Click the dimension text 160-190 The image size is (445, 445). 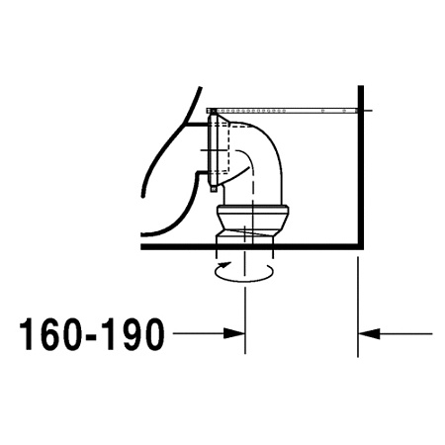pos(92,336)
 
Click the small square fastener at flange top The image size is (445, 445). pos(212,116)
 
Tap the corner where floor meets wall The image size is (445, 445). pos(357,247)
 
